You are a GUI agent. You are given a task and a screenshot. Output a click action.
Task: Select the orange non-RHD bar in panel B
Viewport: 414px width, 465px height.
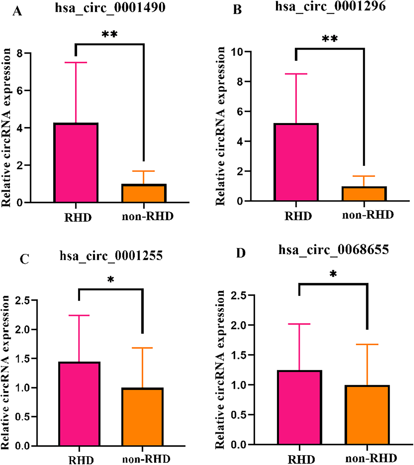click(x=364, y=194)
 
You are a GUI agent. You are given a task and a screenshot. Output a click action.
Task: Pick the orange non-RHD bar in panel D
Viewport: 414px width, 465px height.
click(x=367, y=415)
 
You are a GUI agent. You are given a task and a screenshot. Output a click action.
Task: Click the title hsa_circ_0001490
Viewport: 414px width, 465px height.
click(x=110, y=8)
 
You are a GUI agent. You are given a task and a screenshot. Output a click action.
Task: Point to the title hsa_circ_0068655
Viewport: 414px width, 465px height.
click(x=333, y=250)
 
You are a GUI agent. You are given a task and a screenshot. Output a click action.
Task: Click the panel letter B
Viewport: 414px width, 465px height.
click(x=237, y=10)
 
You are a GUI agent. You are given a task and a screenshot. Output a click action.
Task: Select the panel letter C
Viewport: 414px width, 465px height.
click(x=24, y=259)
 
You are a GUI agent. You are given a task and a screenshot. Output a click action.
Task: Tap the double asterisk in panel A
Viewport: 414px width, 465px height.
click(x=110, y=34)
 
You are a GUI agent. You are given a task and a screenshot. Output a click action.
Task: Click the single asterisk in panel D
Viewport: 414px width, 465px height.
click(x=333, y=274)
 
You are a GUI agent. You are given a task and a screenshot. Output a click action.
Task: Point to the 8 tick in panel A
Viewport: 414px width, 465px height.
click(x=20, y=53)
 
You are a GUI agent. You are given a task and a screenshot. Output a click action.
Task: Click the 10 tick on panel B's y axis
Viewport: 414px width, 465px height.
click(x=237, y=52)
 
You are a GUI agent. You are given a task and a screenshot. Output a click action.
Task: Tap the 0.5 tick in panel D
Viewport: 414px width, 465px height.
click(x=238, y=415)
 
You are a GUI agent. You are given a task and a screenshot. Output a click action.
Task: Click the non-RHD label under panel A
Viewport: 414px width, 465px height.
click(x=148, y=216)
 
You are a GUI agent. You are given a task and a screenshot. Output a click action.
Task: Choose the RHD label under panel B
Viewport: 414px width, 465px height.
click(x=298, y=216)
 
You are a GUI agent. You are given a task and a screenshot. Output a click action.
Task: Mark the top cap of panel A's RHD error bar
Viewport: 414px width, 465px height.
click(x=76, y=63)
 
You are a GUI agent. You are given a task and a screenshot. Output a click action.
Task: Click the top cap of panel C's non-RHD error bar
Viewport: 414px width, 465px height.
click(x=142, y=348)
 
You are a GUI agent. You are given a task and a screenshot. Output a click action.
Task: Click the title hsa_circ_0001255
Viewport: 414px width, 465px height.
click(x=111, y=256)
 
